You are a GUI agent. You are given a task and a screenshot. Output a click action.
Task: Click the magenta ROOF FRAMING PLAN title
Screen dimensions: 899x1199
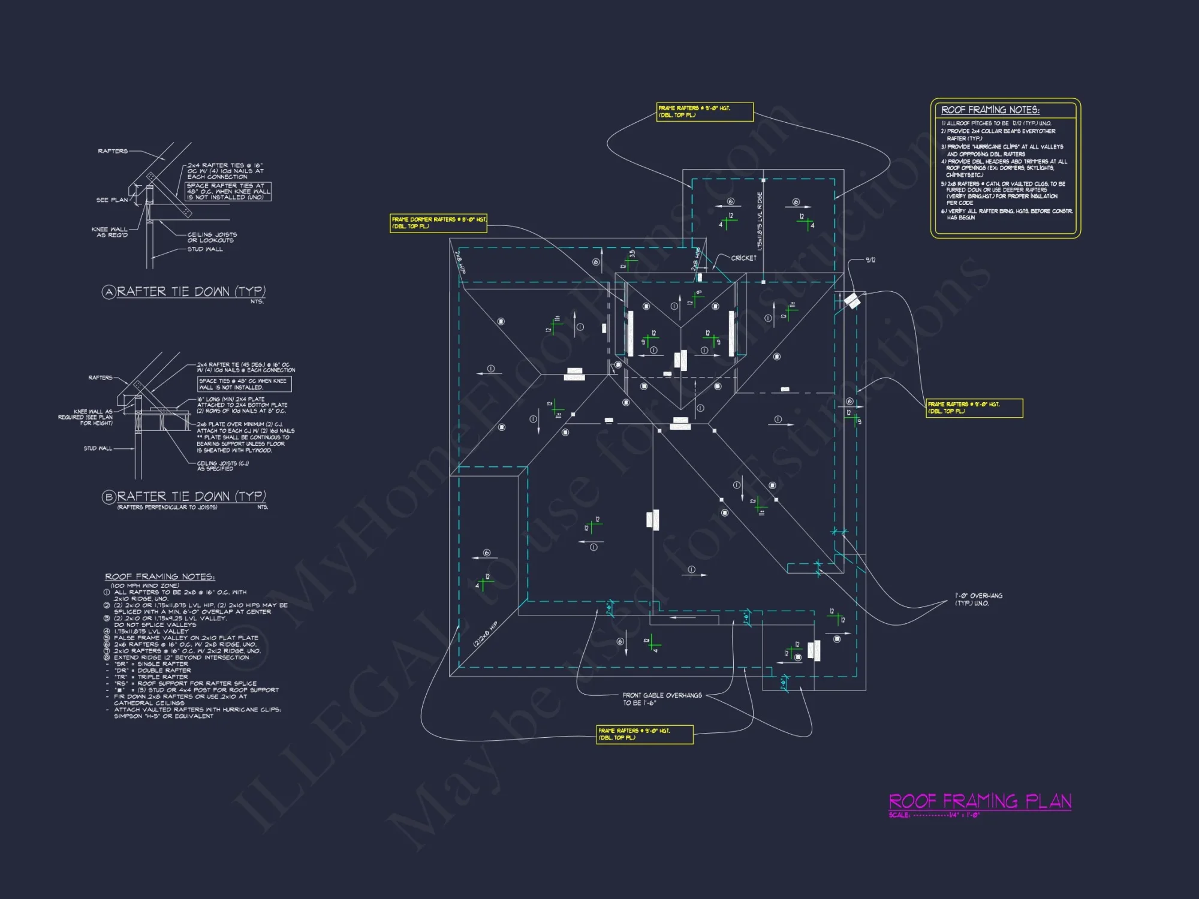tap(980, 801)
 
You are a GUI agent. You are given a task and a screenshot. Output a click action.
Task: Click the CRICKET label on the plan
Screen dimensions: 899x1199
tap(743, 258)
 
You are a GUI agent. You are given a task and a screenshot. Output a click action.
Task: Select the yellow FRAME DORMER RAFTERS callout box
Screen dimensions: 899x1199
tap(438, 223)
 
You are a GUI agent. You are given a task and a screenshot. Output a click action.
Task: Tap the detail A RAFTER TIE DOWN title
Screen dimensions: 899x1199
tap(191, 292)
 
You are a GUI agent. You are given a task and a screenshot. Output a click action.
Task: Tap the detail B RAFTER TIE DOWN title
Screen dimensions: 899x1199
tap(191, 497)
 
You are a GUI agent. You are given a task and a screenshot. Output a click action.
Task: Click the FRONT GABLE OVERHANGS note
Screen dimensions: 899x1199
tap(662, 699)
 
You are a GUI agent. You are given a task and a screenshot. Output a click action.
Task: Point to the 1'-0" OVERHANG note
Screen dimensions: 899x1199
tap(978, 599)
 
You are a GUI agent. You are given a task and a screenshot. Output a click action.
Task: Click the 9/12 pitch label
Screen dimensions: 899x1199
tap(870, 260)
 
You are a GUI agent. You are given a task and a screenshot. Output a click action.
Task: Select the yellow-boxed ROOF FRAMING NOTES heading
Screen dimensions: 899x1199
tap(990, 110)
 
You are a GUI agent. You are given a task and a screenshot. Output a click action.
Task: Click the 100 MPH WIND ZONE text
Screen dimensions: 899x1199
tap(144, 586)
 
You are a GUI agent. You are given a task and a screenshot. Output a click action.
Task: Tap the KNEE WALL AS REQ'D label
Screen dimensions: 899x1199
tap(110, 233)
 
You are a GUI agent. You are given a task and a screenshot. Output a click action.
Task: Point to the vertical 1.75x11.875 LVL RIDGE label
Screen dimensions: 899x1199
tap(760, 221)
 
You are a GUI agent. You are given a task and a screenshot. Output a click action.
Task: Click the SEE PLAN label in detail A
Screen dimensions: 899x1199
tap(112, 200)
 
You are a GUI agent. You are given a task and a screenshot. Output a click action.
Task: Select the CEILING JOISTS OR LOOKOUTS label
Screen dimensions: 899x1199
tap(212, 237)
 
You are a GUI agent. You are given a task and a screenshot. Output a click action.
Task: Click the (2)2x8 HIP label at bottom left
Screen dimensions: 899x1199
tap(485, 634)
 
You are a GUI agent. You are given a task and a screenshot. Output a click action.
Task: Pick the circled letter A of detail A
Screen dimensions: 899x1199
tap(109, 292)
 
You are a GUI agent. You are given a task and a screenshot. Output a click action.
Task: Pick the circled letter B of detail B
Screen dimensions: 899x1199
tap(109, 497)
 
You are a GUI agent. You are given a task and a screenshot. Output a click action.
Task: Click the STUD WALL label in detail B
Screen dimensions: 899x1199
tap(98, 448)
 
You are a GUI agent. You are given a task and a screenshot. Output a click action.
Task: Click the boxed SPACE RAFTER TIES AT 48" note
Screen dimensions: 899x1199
tap(228, 191)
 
